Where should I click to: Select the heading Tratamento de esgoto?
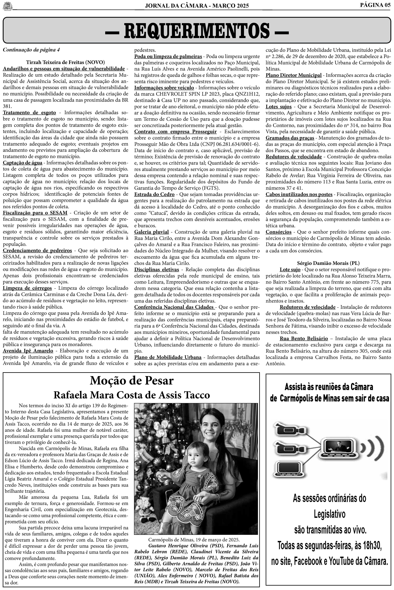tap(29, 113)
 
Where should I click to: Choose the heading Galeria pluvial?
tap(152, 232)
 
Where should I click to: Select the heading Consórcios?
tap(278, 232)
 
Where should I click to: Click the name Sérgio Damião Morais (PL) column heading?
tap(328, 263)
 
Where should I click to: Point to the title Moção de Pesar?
tap(132, 381)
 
